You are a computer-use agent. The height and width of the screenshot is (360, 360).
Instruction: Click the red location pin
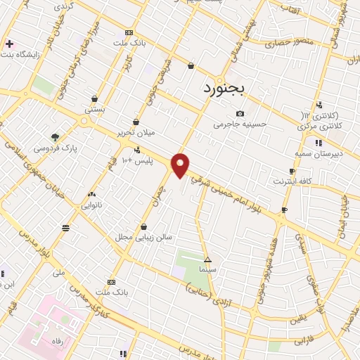tap(181, 165)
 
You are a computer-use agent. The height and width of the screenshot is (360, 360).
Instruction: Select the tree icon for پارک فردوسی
tap(55, 137)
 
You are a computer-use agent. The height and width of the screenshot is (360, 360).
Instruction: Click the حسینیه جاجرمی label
tap(240, 124)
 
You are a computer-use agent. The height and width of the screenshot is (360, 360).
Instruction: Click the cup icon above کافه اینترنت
tap(292, 171)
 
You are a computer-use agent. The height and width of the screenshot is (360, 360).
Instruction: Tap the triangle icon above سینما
tap(207, 259)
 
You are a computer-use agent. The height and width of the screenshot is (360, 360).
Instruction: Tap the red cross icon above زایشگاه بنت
tap(9, 44)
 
